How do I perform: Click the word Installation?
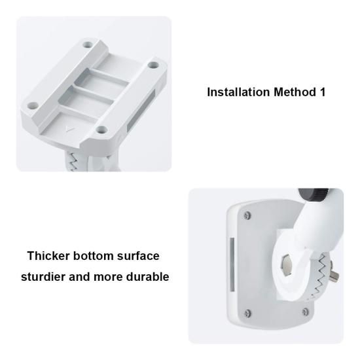coord(238,92)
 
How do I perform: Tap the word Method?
coord(295,92)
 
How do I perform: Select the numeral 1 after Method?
coord(322,92)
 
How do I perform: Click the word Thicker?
coord(48,255)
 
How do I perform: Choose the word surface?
coord(138,256)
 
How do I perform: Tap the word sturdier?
coord(43,276)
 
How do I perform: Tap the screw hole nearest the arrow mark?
coord(101,130)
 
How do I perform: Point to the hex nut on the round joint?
coord(287,265)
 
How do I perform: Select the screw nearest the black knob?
coord(247,215)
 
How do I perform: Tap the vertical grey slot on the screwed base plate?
coord(232,264)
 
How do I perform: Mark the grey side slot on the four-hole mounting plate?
coord(141,110)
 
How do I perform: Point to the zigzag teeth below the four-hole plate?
coord(73,161)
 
